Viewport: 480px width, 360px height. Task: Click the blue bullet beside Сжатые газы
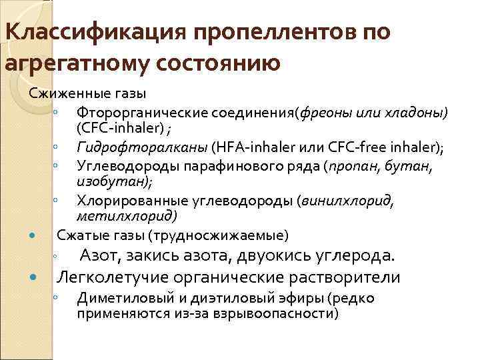[x=33, y=235]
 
